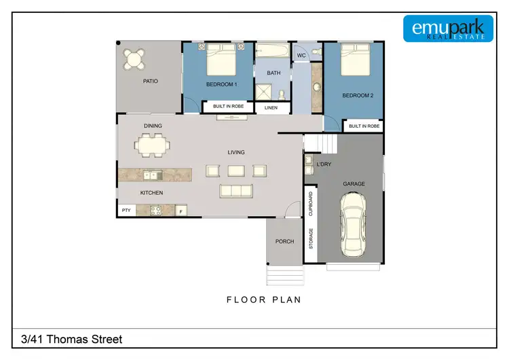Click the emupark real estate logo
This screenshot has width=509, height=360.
click(x=447, y=28)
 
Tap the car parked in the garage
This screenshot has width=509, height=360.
click(x=354, y=223)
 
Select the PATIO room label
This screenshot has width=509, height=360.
click(x=150, y=81)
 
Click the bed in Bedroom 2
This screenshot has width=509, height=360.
click(x=354, y=61)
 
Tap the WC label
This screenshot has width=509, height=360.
click(x=301, y=55)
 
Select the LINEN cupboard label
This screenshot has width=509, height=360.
click(x=271, y=107)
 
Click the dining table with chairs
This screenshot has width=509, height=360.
click(x=152, y=144)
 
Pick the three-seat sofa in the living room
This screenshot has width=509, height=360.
click(x=235, y=191)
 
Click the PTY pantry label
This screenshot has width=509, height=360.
click(x=126, y=211)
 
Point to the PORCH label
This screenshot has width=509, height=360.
click(x=284, y=241)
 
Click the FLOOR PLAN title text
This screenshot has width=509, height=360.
click(x=264, y=299)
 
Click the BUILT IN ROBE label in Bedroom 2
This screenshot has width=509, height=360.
click(x=364, y=126)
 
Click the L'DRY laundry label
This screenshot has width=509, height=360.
click(x=323, y=164)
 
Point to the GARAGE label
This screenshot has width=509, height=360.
click(x=354, y=183)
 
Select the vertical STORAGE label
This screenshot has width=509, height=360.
click(x=312, y=239)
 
